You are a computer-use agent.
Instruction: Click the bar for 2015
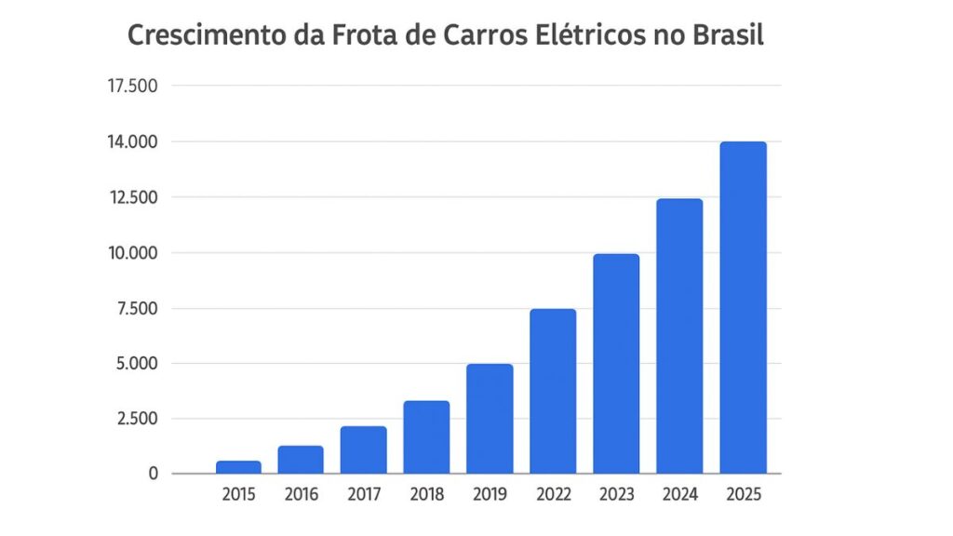[237, 467]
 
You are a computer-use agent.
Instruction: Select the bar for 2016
[301, 460]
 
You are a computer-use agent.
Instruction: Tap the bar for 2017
[363, 450]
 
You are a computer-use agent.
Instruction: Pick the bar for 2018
[426, 437]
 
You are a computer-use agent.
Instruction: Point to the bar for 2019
[490, 419]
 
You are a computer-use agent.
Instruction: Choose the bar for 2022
[553, 391]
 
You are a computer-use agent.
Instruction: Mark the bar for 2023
[616, 364]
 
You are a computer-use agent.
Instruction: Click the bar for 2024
[679, 336]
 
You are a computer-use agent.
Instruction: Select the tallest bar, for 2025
[743, 308]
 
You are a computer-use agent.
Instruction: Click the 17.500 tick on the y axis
[132, 87]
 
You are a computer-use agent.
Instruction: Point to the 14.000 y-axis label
[132, 142]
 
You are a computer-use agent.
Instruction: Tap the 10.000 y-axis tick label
[132, 253]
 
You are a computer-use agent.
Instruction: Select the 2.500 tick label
[136, 419]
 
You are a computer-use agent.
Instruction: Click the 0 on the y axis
[153, 474]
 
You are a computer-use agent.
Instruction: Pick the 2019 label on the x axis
[490, 495]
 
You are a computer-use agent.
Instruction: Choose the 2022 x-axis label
[553, 495]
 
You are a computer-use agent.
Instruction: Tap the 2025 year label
[743, 495]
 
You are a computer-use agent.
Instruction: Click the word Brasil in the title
[729, 35]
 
